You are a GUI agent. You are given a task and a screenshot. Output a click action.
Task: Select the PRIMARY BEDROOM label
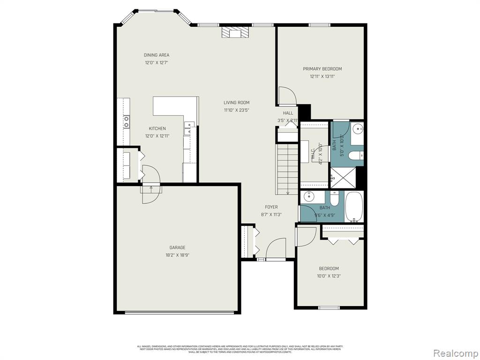click(x=322, y=69)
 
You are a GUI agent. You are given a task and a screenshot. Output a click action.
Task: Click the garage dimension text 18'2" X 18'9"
click(x=177, y=255)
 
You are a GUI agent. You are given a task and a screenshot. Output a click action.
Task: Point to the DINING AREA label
click(x=157, y=55)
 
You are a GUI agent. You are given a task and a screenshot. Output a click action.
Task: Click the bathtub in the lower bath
click(x=354, y=207)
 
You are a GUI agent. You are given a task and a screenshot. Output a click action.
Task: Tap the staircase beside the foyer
click(x=287, y=169)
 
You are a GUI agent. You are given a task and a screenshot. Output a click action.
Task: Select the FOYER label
click(x=271, y=207)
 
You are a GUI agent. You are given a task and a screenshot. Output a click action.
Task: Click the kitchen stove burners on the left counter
click(x=127, y=122)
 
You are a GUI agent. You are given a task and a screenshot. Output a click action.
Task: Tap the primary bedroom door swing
click(x=287, y=96)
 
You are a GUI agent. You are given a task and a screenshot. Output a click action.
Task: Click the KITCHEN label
click(x=157, y=128)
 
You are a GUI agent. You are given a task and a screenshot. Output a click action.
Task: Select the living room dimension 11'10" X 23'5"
click(x=236, y=110)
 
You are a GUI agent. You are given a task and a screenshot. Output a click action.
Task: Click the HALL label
click(x=288, y=113)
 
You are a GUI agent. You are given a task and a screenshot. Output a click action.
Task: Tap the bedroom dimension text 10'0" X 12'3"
click(x=329, y=276)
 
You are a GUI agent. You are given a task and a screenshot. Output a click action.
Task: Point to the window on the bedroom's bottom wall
click(x=329, y=307)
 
